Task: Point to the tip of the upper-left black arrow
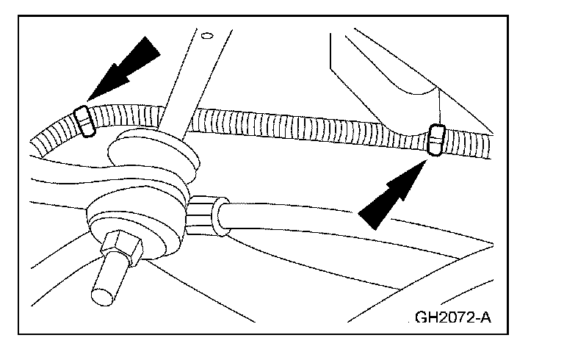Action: point(88,100)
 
